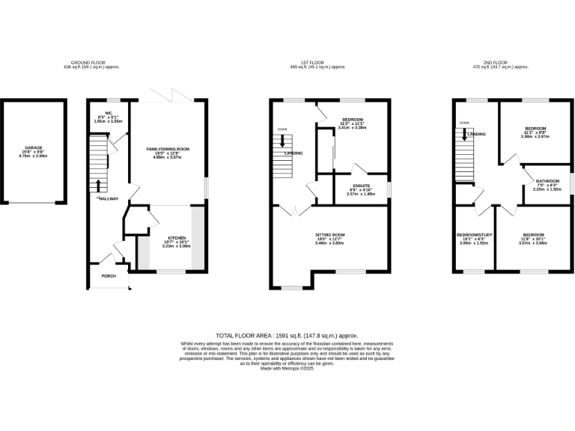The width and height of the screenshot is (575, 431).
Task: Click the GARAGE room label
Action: [x=33, y=148]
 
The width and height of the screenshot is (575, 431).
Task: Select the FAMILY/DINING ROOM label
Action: [x=168, y=150]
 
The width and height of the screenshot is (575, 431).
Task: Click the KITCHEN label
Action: [x=176, y=238]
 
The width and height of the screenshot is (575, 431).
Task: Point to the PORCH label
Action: [x=109, y=276]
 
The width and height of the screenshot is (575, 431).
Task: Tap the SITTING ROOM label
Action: [x=329, y=234]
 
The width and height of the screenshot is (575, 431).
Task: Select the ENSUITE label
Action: [x=362, y=184]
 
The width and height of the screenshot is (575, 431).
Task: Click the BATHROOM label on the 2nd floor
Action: [x=547, y=180]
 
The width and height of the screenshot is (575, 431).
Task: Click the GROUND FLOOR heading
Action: [x=91, y=62]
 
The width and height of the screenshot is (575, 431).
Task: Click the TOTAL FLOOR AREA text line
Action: [x=287, y=336]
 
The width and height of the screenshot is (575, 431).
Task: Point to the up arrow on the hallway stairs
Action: [x=98, y=184]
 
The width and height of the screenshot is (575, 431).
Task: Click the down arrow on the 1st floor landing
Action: [x=282, y=139]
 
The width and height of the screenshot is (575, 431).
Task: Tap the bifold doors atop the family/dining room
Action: [x=171, y=98]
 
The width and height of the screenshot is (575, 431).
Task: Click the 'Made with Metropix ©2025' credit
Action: [x=287, y=368]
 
